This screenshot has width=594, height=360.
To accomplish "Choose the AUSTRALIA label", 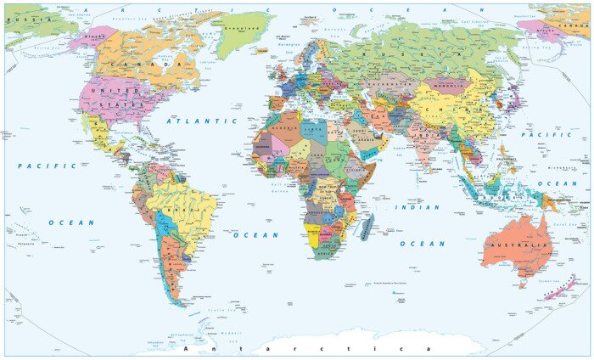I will click(x=518, y=245).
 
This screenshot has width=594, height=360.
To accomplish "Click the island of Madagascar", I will click(x=366, y=227).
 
